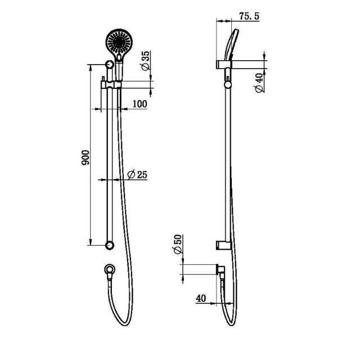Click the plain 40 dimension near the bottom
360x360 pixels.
pos(201,298)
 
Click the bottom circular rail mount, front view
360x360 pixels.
pos(110,245)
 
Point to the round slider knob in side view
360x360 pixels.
pos(227,85)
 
